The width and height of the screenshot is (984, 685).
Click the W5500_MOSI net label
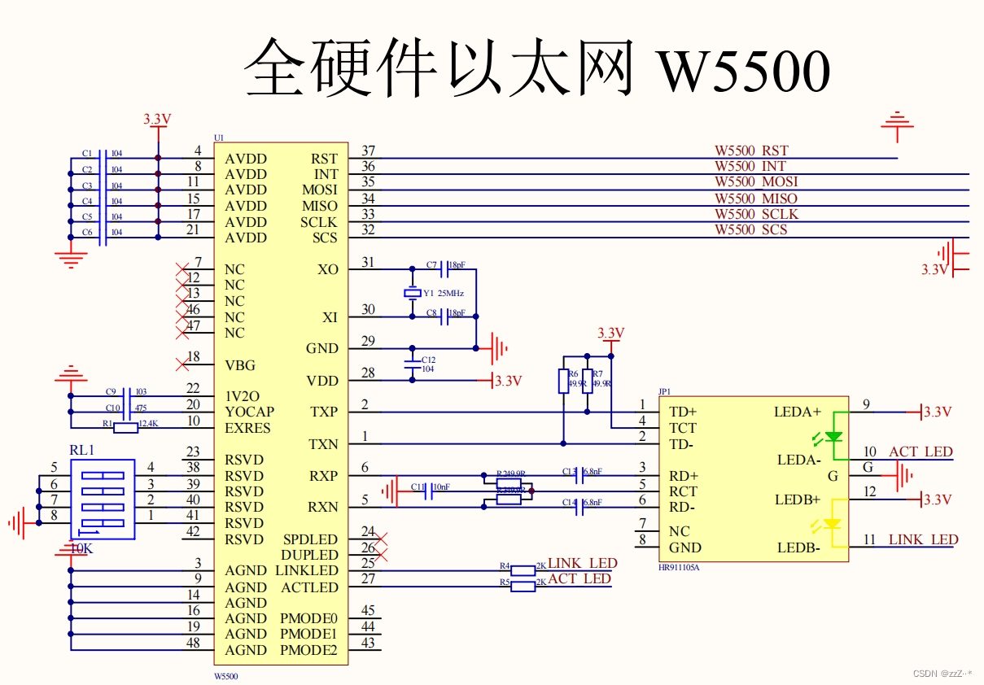point(756,182)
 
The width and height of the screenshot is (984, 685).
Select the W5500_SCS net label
point(750,230)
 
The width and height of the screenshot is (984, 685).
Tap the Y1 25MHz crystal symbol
point(412,293)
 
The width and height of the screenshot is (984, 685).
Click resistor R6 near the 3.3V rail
point(563,381)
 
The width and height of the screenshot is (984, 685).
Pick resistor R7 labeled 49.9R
point(588,381)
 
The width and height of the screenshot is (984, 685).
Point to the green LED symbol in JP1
point(833,437)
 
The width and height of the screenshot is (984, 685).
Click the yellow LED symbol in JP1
point(833,524)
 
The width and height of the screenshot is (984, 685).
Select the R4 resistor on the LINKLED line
point(523,570)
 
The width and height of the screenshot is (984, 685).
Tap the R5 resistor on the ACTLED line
point(523,586)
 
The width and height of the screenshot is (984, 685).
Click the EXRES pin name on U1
point(247,428)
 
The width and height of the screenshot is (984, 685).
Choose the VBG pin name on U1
point(241,365)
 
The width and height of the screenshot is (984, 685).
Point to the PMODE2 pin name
point(308,650)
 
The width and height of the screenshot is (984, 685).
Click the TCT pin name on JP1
point(682,428)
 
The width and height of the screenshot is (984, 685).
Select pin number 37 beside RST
point(368,151)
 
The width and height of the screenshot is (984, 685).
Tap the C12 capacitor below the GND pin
point(412,364)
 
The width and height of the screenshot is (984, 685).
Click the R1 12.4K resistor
point(125,428)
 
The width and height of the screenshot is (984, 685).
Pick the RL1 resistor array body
point(103,499)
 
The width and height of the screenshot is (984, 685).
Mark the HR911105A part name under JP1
point(679,567)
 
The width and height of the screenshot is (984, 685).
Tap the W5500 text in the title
point(743,71)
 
